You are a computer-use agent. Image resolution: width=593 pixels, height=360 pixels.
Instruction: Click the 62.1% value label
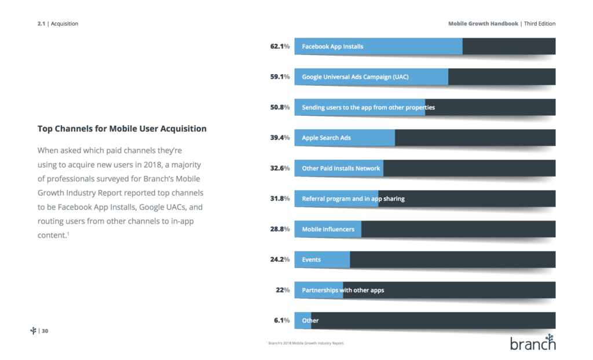(x=279, y=46)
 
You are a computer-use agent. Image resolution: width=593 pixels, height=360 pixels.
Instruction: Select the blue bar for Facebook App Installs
(x=378, y=46)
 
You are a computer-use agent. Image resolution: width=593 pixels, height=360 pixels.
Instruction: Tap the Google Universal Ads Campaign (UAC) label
(x=355, y=76)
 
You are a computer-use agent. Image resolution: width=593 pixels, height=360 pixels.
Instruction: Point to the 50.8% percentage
(x=279, y=107)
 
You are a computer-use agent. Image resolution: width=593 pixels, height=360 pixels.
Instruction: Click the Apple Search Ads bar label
(x=326, y=138)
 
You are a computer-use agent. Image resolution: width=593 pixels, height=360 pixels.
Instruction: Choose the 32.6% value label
(x=279, y=168)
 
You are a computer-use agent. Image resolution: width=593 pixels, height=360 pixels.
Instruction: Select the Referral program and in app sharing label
(x=353, y=199)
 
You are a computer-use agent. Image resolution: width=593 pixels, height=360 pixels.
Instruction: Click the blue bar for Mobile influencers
(x=328, y=229)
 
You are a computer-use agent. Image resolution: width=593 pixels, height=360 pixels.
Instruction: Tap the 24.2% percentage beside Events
(x=279, y=259)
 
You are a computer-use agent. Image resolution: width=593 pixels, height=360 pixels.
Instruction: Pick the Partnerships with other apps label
(x=343, y=290)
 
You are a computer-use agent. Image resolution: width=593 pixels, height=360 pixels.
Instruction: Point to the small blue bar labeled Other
(x=303, y=321)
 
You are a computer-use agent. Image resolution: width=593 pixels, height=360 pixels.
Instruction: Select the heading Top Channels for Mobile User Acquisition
(x=122, y=128)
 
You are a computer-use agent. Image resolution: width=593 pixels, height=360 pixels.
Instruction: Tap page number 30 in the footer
(x=45, y=331)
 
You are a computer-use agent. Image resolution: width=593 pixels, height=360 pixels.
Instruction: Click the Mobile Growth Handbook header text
(x=483, y=24)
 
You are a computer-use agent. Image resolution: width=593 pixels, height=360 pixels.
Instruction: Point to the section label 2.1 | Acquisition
(x=58, y=24)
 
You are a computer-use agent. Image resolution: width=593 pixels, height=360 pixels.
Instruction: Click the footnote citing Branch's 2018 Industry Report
(x=305, y=343)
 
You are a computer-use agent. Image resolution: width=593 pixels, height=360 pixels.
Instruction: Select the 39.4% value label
(x=279, y=138)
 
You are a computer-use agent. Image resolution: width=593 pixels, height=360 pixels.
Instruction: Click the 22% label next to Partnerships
(x=282, y=290)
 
